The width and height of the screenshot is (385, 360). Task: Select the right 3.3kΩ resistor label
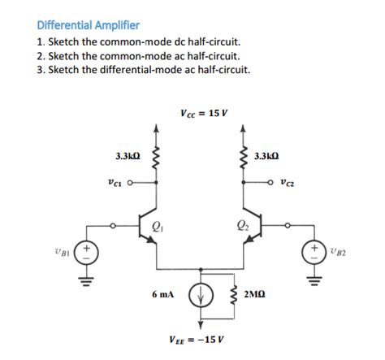point(267,154)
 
